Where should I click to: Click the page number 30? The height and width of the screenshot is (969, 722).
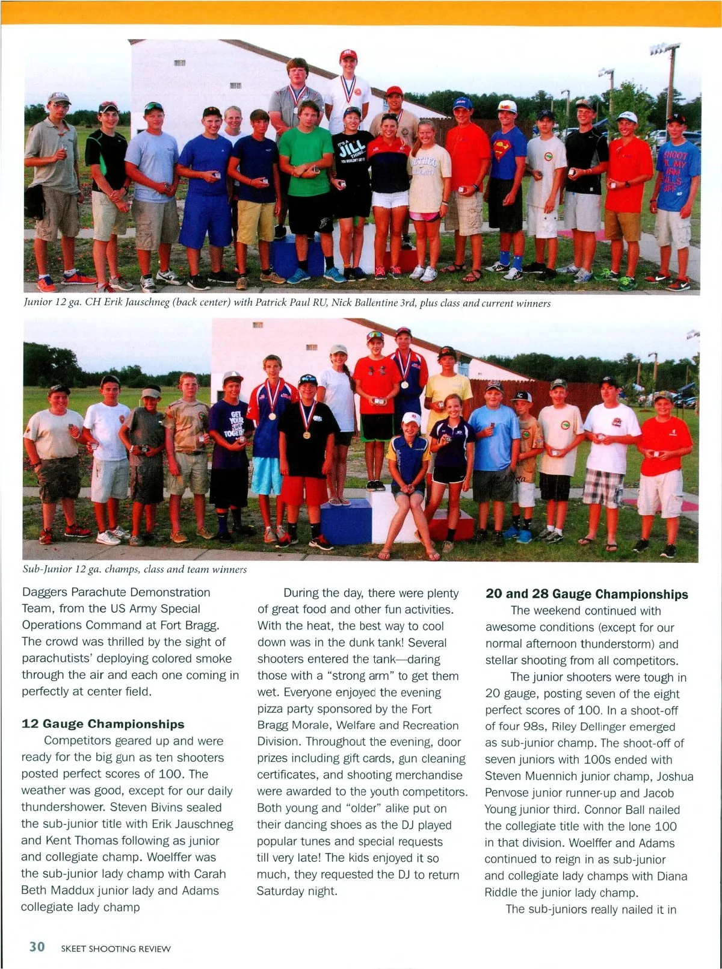[x=37, y=947]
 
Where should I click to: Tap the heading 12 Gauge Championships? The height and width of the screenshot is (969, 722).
[x=103, y=724]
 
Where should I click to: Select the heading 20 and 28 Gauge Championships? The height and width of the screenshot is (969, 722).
[x=587, y=594]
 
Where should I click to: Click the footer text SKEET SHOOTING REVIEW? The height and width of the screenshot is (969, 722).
[x=116, y=949]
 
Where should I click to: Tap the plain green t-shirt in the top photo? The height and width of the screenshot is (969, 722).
[x=306, y=161]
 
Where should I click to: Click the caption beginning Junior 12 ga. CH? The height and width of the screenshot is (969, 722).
[x=287, y=303]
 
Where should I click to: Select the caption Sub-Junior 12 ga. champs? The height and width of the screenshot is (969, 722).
[x=134, y=569]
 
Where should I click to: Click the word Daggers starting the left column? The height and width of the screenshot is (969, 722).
[x=45, y=592]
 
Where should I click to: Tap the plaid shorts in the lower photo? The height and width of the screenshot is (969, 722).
[x=602, y=489]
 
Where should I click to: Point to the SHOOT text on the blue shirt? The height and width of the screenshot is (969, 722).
[x=674, y=155]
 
